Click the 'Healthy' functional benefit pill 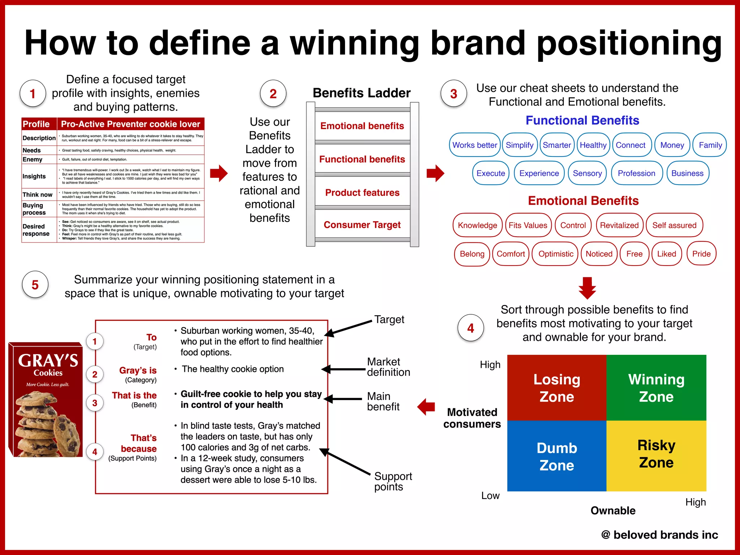tap(593, 145)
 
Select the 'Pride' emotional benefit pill tap(701, 254)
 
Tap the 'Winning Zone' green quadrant tap(656, 388)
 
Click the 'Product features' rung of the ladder tap(362, 193)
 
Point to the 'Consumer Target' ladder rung tap(362, 225)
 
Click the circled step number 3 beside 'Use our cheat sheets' tap(453, 94)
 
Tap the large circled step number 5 tap(35, 285)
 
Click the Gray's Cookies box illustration tap(46, 400)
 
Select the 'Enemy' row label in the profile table tap(33, 159)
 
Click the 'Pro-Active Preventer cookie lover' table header tap(130, 124)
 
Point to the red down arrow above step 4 tap(587, 288)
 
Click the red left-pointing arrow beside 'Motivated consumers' tap(426, 407)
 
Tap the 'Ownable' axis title tap(613, 510)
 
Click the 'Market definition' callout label tap(388, 367)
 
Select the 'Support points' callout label tap(393, 481)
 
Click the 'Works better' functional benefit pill tap(474, 145)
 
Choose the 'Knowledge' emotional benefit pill tap(477, 225)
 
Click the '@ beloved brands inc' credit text tap(659, 534)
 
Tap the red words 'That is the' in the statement tap(134, 395)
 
